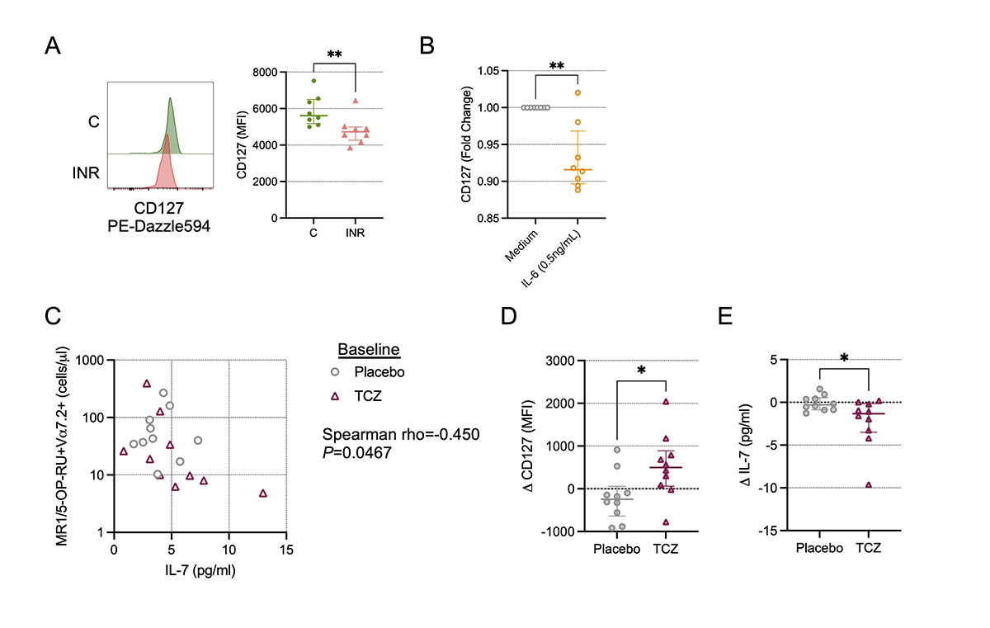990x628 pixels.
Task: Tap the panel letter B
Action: pyautogui.click(x=428, y=47)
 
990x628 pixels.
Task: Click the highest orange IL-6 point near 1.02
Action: pyautogui.click(x=577, y=92)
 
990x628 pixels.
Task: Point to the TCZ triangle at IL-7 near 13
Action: pyautogui.click(x=263, y=493)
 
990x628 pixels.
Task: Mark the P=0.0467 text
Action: pyautogui.click(x=356, y=453)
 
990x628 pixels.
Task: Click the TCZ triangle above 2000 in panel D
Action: pyautogui.click(x=665, y=402)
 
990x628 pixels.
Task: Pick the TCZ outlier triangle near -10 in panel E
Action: pyautogui.click(x=869, y=484)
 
